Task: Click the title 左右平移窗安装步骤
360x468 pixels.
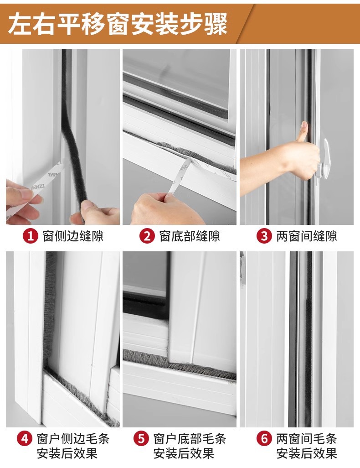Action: (118, 23)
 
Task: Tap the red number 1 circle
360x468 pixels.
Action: (30, 236)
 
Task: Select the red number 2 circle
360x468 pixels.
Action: (147, 236)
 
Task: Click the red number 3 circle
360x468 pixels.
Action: (264, 236)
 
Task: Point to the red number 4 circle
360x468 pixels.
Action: (24, 439)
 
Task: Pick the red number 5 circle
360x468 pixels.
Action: (141, 439)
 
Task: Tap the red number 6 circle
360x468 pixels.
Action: (264, 439)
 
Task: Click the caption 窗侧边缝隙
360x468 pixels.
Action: (73, 236)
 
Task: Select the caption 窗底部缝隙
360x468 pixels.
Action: (190, 236)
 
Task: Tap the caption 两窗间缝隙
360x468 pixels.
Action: (307, 236)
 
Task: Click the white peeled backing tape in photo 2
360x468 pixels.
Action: (180, 176)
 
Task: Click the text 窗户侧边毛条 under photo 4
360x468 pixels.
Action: (73, 439)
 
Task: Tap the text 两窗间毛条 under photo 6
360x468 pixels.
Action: (307, 439)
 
